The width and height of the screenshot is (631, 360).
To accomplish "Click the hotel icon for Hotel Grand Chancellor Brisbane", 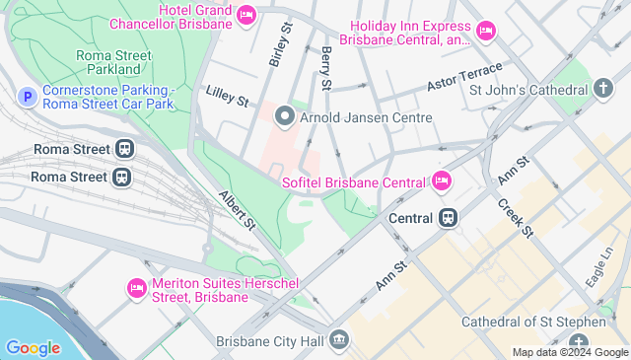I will (x=246, y=15).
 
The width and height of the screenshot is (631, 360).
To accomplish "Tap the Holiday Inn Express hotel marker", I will (x=485, y=33).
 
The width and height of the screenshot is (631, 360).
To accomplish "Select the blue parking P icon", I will (x=28, y=96).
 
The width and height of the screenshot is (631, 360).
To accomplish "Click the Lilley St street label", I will (x=227, y=96).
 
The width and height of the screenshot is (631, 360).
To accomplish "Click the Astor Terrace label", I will (x=464, y=77).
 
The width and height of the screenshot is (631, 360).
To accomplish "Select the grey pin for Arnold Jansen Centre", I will (x=285, y=117).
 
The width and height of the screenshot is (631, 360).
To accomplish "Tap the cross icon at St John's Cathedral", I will (x=603, y=90).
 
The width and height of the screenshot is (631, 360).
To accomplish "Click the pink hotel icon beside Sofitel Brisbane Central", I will (x=441, y=181).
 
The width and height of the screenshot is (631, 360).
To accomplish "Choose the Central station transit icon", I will (x=448, y=217).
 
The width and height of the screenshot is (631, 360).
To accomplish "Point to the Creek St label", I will (x=515, y=217).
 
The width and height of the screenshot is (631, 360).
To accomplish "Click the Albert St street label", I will (x=238, y=210).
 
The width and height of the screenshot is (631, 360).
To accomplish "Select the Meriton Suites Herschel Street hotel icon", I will (x=137, y=288).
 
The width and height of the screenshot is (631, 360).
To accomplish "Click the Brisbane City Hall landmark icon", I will (x=339, y=340).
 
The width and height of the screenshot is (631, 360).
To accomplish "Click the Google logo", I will (x=33, y=347).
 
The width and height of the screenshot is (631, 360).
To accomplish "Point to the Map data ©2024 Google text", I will (x=569, y=352).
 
